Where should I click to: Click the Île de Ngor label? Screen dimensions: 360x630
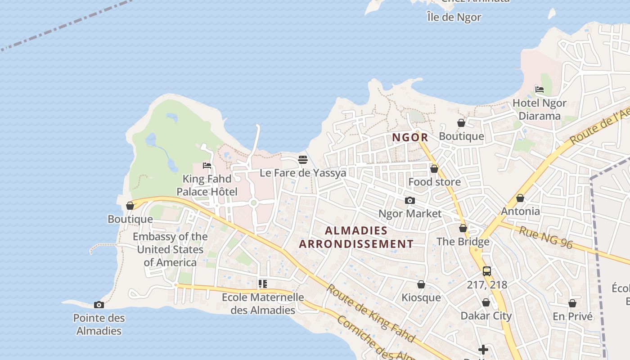tap(454, 18)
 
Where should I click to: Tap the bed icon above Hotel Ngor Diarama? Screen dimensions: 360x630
tap(540, 90)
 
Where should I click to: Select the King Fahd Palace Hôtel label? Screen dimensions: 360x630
tap(207, 185)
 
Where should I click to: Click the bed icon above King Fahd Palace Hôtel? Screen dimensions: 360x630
tap(207, 166)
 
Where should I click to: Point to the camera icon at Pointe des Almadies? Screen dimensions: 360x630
tap(99, 305)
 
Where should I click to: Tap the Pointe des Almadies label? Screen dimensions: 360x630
tap(99, 324)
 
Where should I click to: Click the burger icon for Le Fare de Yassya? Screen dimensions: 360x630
tap(303, 160)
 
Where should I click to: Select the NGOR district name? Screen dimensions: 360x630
tap(409, 137)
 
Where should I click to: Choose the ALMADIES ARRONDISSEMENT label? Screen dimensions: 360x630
tap(356, 237)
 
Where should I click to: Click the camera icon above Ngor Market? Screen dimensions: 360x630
tap(409, 201)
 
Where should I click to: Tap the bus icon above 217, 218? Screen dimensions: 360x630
tap(487, 271)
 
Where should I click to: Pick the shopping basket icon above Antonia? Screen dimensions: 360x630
tap(520, 198)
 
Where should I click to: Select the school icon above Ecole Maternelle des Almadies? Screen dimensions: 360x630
tap(263, 284)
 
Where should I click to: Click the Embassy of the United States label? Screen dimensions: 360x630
tap(170, 249)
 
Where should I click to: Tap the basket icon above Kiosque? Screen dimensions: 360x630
tap(421, 284)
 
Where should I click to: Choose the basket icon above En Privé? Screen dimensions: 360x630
tap(572, 303)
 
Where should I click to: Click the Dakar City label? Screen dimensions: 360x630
tap(486, 315)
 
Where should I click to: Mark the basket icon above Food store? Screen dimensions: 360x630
tap(434, 169)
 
